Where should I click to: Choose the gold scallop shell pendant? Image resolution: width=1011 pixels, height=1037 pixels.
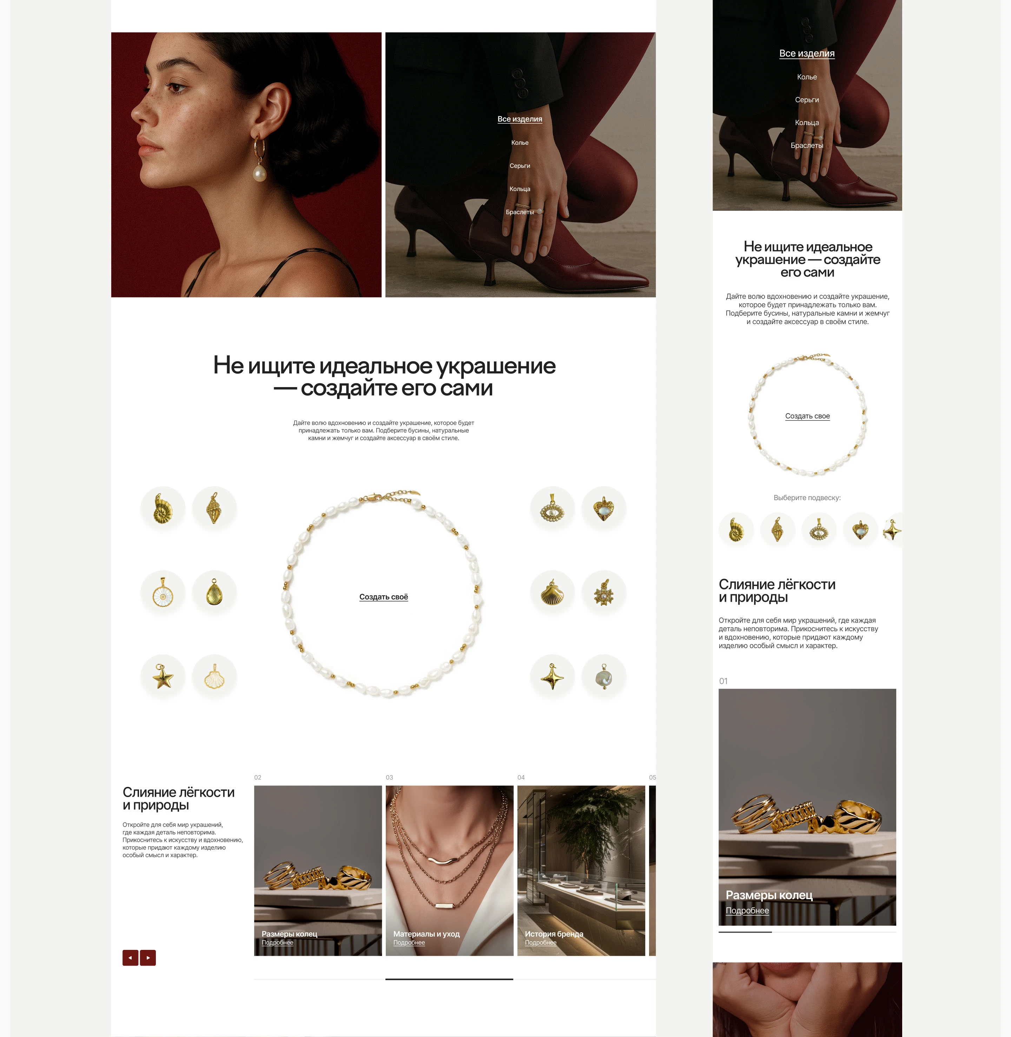click(x=552, y=592)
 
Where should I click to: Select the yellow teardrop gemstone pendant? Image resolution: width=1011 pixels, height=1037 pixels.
click(x=214, y=592)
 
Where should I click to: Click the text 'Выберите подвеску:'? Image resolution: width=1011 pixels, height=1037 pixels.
click(x=807, y=498)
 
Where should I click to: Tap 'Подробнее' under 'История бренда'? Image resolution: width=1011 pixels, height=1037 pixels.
click(x=541, y=943)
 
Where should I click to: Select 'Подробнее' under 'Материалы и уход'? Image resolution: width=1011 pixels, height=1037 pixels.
click(x=409, y=943)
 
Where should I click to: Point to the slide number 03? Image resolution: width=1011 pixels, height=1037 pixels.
click(x=389, y=777)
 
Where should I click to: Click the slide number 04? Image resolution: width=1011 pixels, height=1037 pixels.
click(x=521, y=777)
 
